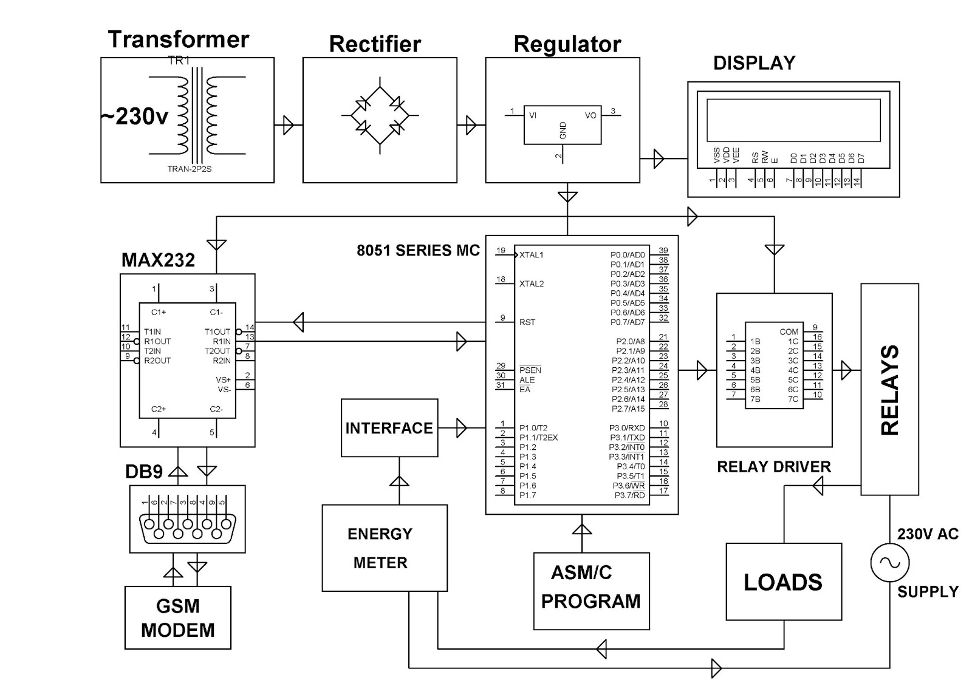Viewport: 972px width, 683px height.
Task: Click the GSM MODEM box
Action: pyautogui.click(x=177, y=617)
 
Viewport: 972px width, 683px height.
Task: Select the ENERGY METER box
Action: pyautogui.click(x=384, y=548)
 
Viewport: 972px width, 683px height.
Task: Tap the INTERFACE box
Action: pyautogui.click(x=389, y=427)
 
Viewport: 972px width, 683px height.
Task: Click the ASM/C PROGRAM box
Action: pyautogui.click(x=590, y=590)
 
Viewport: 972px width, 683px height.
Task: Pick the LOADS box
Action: pyautogui.click(x=783, y=581)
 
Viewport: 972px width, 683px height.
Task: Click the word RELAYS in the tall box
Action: pyautogui.click(x=889, y=390)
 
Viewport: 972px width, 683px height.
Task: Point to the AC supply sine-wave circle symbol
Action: pyautogui.click(x=889, y=562)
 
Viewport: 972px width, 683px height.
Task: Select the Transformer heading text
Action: pyautogui.click(x=178, y=39)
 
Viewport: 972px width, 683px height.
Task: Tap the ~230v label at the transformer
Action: pyautogui.click(x=134, y=115)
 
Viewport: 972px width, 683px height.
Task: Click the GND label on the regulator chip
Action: pyautogui.click(x=563, y=131)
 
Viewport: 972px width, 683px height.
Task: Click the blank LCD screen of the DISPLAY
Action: pyautogui.click(x=793, y=119)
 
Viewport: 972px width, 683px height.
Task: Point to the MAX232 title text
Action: pyautogui.click(x=158, y=260)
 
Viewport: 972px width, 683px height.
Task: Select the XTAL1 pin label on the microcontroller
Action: pyautogui.click(x=531, y=255)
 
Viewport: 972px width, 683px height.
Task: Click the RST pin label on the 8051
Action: pyautogui.click(x=527, y=322)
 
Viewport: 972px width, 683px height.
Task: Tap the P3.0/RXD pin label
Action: pyautogui.click(x=627, y=428)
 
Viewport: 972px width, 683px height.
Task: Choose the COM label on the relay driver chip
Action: pyautogui.click(x=789, y=331)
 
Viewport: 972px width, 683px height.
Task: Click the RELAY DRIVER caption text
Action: pyautogui.click(x=773, y=466)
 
